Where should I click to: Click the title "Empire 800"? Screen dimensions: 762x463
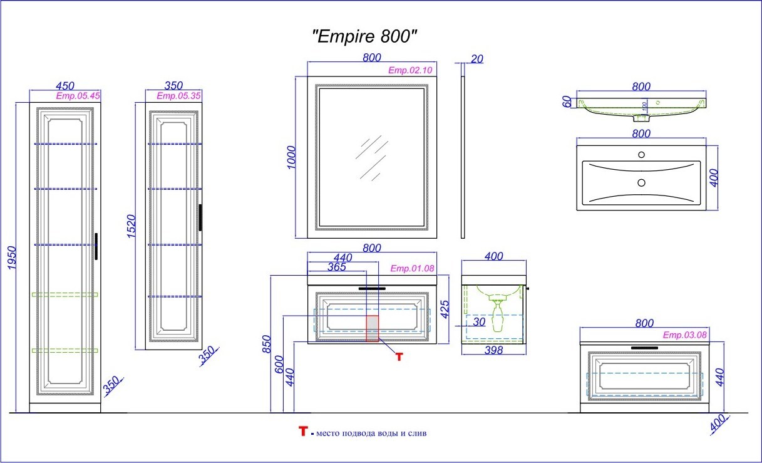[364, 36]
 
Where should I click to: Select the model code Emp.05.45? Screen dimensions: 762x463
[78, 96]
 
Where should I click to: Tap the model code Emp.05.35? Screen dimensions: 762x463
[178, 96]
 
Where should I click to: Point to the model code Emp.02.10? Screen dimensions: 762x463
[410, 70]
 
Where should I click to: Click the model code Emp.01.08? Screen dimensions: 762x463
[412, 269]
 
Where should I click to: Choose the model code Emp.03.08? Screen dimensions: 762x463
[685, 335]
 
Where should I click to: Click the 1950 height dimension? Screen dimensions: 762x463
[12, 258]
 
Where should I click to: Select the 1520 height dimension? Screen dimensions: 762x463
[131, 226]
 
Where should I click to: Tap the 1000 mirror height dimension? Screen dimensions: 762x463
[292, 157]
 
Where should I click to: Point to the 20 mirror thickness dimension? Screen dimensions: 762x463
[477, 59]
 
